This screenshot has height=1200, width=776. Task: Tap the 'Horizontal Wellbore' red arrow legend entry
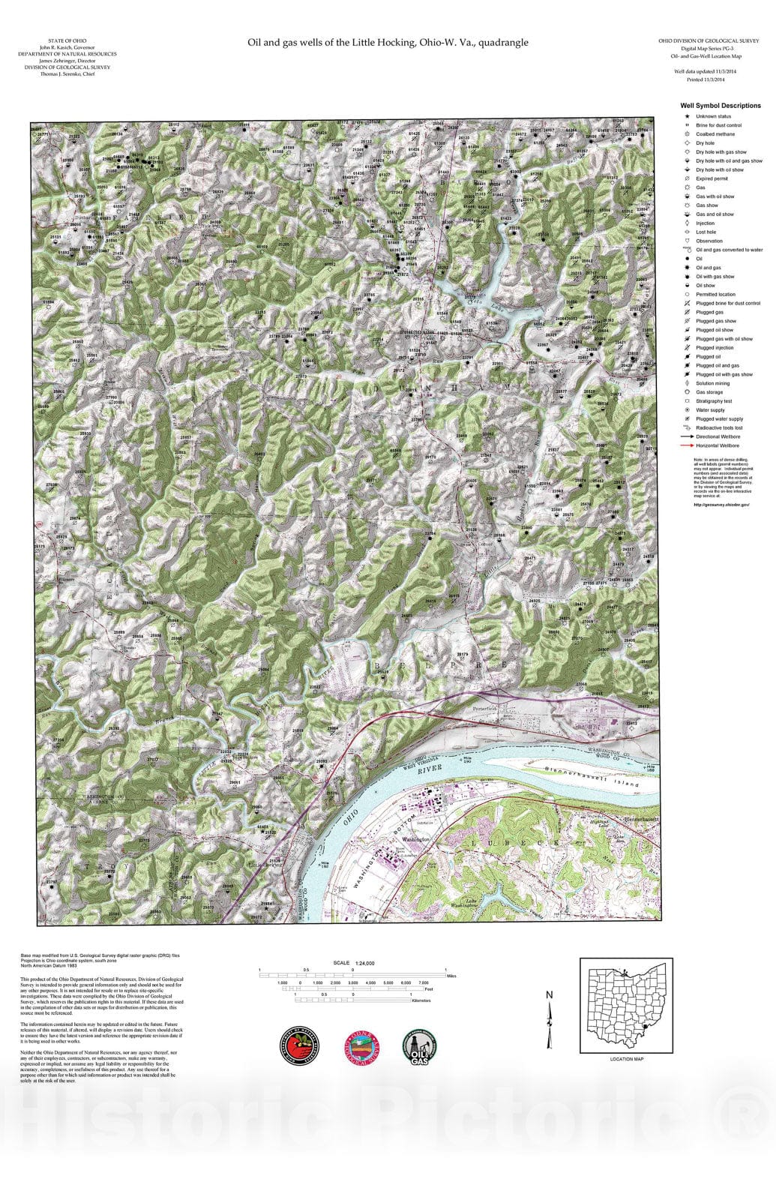(717, 445)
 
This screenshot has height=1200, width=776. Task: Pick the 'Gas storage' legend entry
(709, 392)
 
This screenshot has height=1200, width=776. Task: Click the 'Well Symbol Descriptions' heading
(720, 106)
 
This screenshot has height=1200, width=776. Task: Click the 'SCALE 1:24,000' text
(354, 963)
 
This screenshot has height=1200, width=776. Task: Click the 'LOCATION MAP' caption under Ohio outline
(626, 1059)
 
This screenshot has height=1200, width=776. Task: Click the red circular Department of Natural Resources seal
(300, 1045)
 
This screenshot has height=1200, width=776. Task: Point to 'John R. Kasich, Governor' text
(67, 47)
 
